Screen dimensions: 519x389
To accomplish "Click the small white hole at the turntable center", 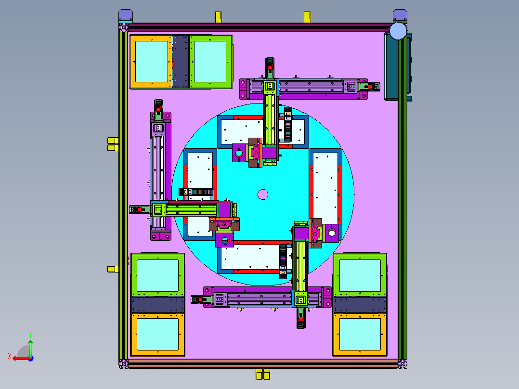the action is pos(263,194).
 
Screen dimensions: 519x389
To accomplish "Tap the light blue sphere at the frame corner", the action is pos(398,31).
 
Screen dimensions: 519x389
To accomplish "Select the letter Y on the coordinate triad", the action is pos(30,335).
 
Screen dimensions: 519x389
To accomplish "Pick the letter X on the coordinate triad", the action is pos(10,356).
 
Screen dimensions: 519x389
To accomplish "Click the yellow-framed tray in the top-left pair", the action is pos(151,62).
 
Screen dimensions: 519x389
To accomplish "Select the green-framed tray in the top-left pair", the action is pos(210,62).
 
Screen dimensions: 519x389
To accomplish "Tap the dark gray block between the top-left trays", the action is pos(181,62).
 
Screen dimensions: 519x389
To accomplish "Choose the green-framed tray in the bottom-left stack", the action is pos(157,275).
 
